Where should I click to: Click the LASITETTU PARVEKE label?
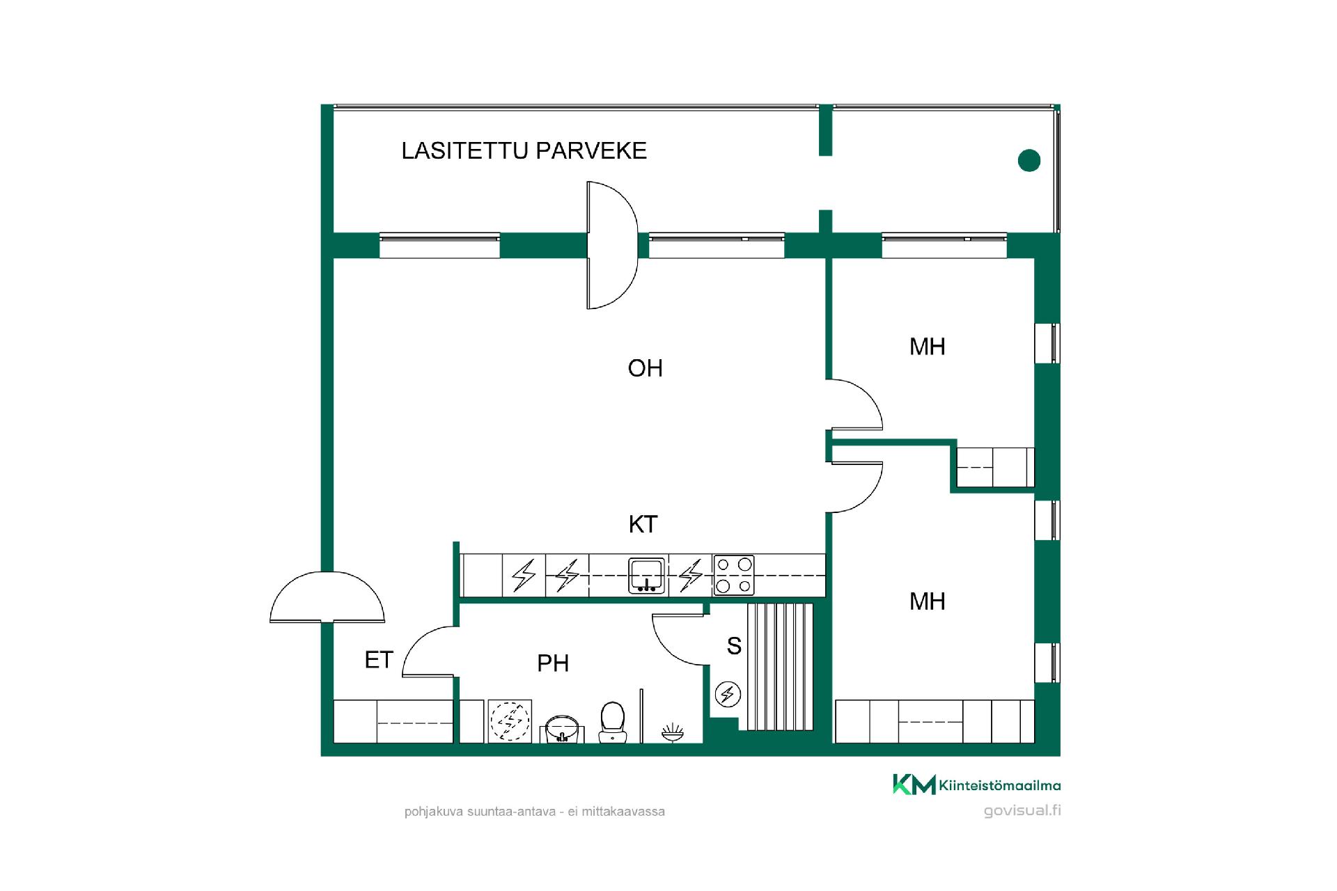point(524,150)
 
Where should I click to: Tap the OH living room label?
point(645,368)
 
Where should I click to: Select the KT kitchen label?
point(643,524)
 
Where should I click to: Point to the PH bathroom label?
point(553,663)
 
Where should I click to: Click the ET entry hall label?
point(379,660)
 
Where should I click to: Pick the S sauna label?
point(734,646)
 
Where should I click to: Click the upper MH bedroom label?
point(927,347)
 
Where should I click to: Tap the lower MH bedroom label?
point(927,601)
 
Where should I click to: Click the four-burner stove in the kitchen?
point(734,575)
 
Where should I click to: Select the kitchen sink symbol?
point(648,576)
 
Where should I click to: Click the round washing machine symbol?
point(510,722)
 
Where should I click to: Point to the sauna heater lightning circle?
point(728,694)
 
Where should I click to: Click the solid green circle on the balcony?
point(1029,161)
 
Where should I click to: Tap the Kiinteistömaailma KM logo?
point(977,784)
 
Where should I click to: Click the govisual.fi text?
point(1022,810)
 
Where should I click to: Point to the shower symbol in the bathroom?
point(673,732)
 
